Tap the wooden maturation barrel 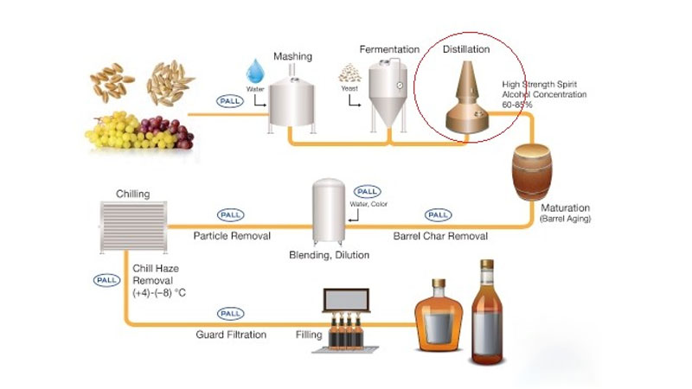point(532,172)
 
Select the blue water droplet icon point(255,71)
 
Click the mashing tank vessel point(292,104)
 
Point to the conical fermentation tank point(388,96)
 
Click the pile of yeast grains point(349,73)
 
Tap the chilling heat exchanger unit point(133,227)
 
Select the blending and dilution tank point(329,212)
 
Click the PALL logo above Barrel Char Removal point(439,214)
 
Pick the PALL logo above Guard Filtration point(230,314)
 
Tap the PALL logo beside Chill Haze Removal point(106,280)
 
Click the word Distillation point(466,49)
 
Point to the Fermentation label point(389,49)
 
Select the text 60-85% point(517,105)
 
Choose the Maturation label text point(566,207)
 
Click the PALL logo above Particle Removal point(230,214)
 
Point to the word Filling point(309,335)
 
